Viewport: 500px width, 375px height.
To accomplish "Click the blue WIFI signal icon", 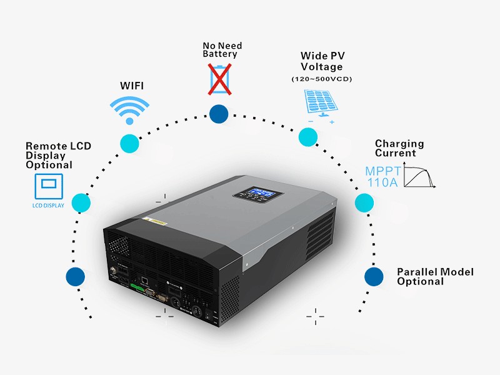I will click(x=129, y=111).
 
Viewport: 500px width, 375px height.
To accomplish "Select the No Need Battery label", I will click(x=222, y=50).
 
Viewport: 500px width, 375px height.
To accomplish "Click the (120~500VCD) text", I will click(x=322, y=79).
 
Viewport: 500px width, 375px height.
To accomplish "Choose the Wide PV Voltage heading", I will click(x=322, y=61).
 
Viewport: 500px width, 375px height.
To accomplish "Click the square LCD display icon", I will click(x=49, y=185).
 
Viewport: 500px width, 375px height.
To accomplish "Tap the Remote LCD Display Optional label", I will click(x=58, y=156).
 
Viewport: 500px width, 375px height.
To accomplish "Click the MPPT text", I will click(x=382, y=171).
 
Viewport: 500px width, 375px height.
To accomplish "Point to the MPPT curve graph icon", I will click(x=419, y=176).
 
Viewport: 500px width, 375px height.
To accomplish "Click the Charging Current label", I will click(x=399, y=148).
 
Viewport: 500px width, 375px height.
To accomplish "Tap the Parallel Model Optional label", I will click(x=435, y=276).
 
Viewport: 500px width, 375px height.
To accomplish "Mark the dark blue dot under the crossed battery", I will click(x=219, y=114).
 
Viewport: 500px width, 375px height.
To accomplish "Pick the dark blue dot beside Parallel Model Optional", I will click(x=374, y=276).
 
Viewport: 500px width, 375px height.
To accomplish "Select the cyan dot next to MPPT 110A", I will click(x=364, y=203).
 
